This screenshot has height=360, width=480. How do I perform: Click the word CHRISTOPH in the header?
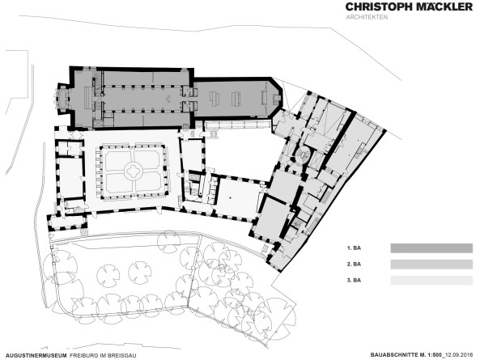(377, 7)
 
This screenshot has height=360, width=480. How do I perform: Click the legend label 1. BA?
(354, 248)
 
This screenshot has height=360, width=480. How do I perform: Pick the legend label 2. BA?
(354, 265)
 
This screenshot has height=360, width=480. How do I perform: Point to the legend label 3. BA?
(354, 280)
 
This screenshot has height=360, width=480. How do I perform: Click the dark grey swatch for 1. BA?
(431, 248)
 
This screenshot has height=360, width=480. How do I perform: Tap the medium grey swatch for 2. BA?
(431, 265)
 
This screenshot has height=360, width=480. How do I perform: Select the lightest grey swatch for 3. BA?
(431, 280)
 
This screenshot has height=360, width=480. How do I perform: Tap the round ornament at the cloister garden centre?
(134, 170)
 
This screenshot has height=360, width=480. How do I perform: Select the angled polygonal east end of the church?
(278, 97)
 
